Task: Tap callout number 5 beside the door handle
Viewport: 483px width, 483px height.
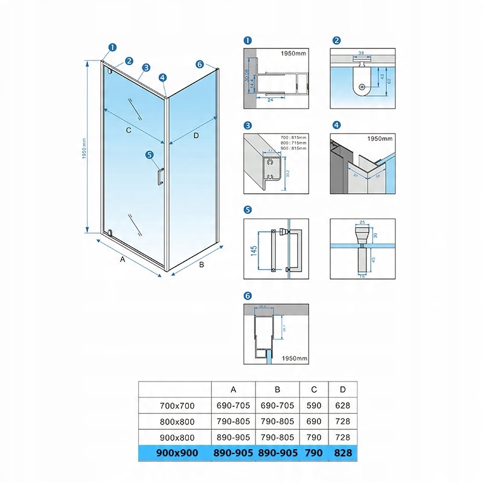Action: pyautogui.click(x=150, y=155)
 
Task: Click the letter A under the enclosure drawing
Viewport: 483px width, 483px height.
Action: pyautogui.click(x=122, y=260)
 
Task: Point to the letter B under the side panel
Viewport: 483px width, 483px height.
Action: pyautogui.click(x=202, y=264)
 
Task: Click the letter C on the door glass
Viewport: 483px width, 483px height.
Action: pyautogui.click(x=129, y=130)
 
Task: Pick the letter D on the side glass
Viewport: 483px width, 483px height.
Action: pyautogui.click(x=196, y=135)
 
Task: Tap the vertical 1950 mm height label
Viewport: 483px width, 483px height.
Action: pyautogui.click(x=85, y=148)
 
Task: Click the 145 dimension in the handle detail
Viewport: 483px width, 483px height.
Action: pyautogui.click(x=254, y=248)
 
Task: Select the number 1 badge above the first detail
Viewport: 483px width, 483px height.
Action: pyautogui.click(x=248, y=41)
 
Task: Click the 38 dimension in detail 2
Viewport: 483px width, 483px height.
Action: pyautogui.click(x=360, y=53)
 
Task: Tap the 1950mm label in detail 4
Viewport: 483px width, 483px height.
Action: pyautogui.click(x=380, y=139)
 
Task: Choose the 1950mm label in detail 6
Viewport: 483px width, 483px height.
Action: pyautogui.click(x=295, y=358)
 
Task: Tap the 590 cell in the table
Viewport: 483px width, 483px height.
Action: pyautogui.click(x=314, y=405)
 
